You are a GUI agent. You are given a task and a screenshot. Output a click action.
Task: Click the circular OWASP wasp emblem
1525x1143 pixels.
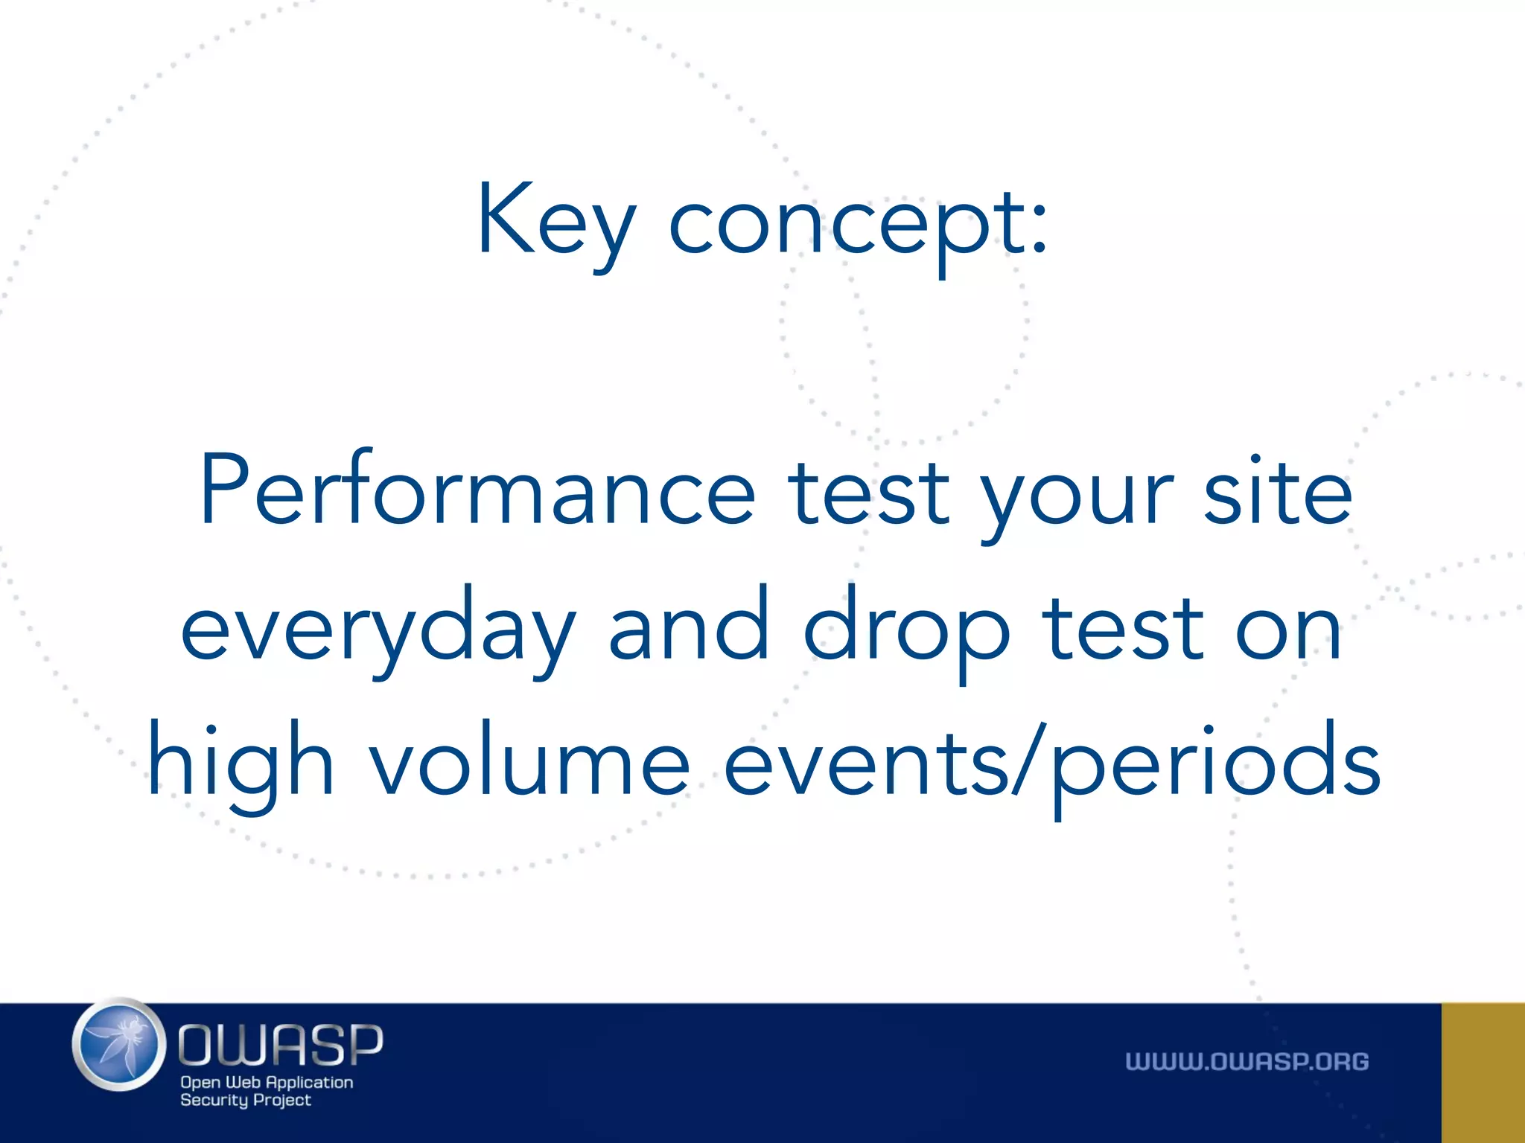(119, 1045)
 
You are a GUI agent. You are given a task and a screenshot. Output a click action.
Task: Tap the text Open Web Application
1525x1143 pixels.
(267, 1082)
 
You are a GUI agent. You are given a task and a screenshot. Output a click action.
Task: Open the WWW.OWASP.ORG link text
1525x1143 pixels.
(1247, 1062)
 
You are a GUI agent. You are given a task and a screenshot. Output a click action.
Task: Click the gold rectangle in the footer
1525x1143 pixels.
(1483, 1072)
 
